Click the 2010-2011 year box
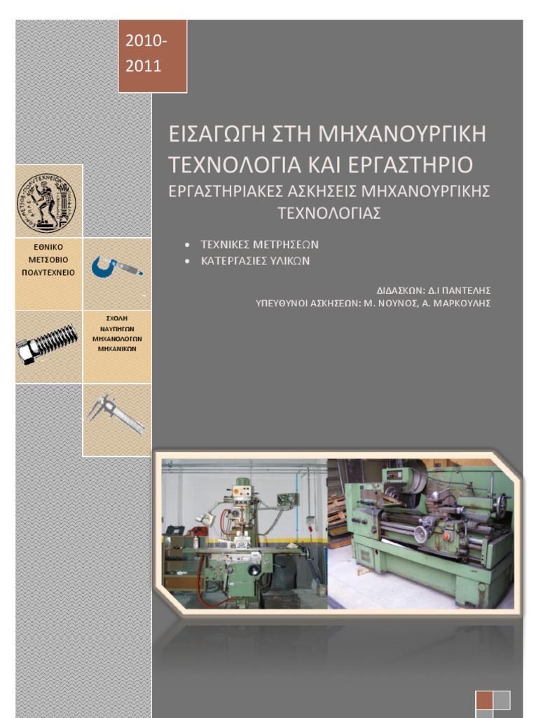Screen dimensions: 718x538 152,56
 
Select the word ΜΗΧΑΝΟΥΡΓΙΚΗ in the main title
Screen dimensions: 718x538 402,133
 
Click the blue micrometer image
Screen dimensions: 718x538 116,267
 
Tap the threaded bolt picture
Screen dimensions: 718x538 48,346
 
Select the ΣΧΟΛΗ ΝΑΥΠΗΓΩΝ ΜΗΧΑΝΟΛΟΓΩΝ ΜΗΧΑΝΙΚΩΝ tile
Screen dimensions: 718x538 117,333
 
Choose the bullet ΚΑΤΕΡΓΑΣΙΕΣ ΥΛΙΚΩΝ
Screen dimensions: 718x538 255,260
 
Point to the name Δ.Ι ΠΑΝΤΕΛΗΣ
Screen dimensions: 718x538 459,290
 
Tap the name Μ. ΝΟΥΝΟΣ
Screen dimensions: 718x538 391,303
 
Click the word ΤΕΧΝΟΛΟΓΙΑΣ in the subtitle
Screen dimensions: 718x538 329,213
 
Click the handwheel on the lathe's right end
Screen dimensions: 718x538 500,503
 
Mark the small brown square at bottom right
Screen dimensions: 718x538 484,700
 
